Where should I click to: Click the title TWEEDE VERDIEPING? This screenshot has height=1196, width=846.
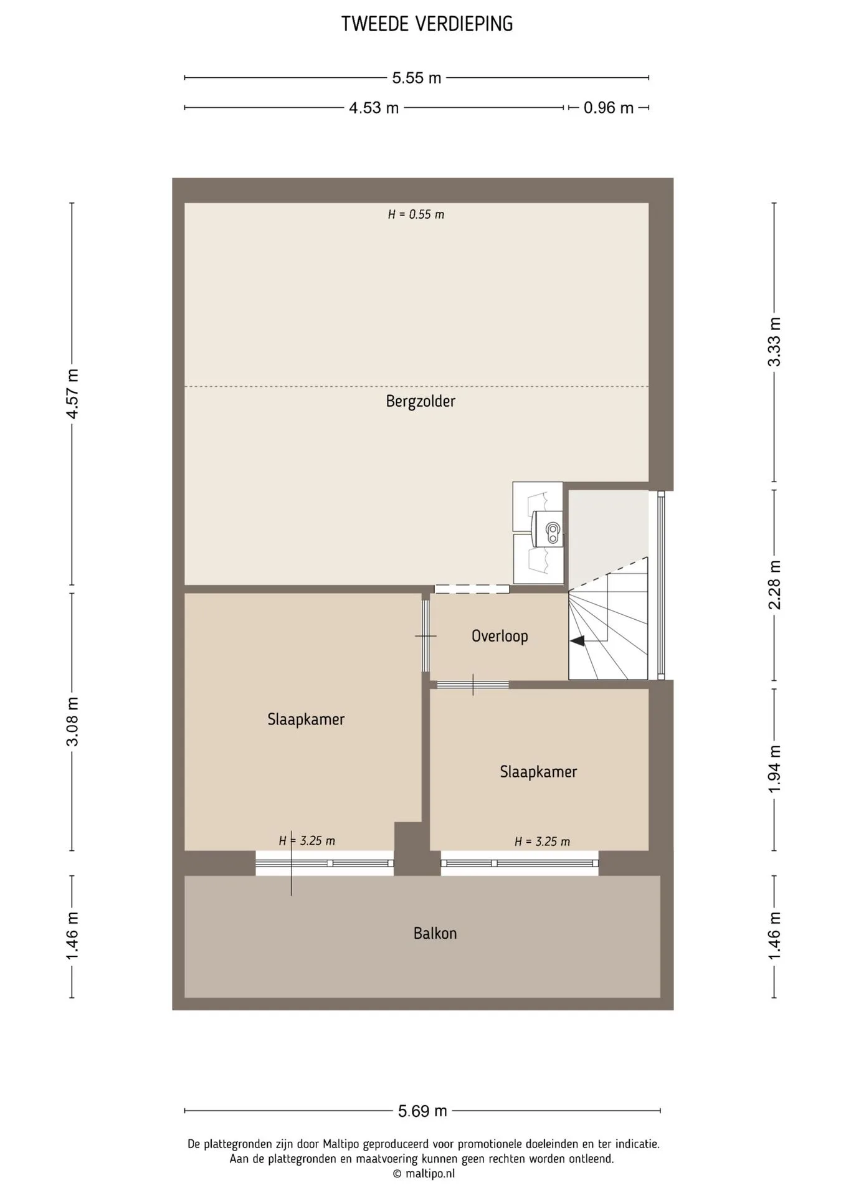pos(427,24)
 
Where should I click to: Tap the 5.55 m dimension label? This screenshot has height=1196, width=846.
pos(417,78)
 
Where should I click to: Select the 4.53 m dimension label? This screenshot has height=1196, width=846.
pos(374,108)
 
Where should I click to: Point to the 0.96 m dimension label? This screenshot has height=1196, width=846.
pos(609,108)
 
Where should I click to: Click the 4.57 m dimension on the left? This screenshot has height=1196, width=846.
pos(72,394)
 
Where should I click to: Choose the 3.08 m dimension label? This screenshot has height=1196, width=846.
pos(72,721)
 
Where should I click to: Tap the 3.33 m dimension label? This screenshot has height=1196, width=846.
pos(774,342)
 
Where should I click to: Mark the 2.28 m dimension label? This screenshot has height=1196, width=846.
pos(774,585)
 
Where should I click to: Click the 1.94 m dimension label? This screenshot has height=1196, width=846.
pos(774,769)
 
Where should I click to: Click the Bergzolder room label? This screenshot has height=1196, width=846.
pos(421,401)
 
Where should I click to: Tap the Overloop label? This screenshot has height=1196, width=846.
pos(500,636)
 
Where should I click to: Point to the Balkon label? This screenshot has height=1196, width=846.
pos(435,933)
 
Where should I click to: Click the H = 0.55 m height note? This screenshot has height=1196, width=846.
pos(416,214)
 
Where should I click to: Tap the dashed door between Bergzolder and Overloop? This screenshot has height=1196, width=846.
pos(472,589)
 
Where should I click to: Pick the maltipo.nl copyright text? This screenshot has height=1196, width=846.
pos(424,1174)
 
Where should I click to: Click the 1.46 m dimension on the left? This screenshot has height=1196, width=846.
pos(72,936)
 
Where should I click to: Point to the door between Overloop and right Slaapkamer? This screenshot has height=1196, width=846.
pos(472,685)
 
